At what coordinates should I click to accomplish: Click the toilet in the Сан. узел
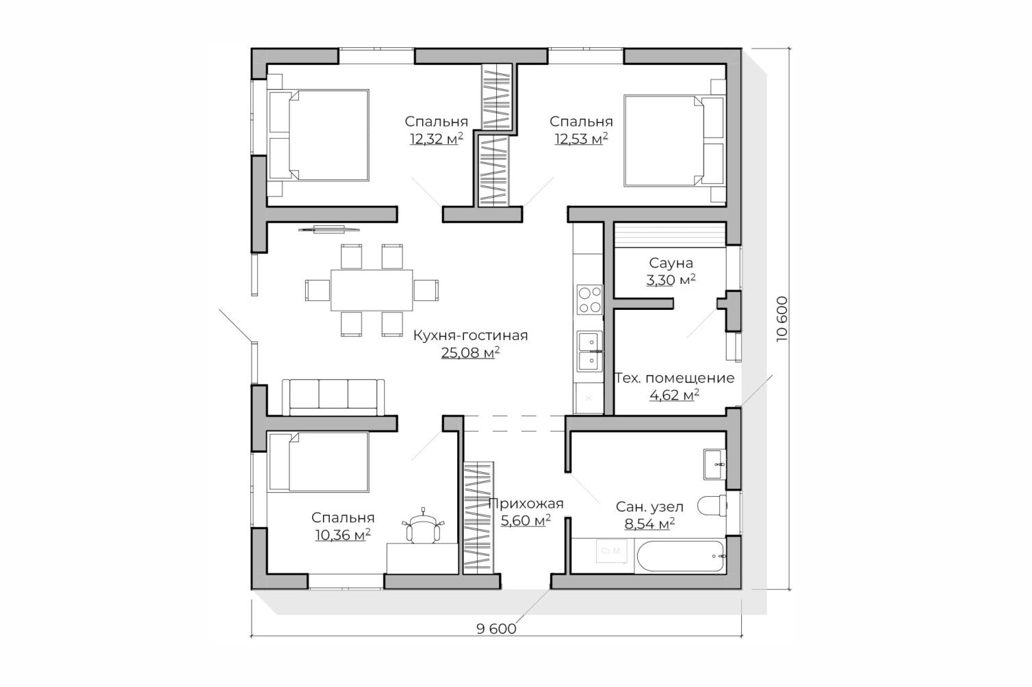point(712,506)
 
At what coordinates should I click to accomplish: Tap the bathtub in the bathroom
point(680,556)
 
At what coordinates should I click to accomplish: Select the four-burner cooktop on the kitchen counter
point(590,300)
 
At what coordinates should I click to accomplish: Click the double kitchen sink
point(590,351)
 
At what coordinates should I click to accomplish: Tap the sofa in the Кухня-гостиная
point(333,397)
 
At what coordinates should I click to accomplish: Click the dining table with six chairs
point(372,290)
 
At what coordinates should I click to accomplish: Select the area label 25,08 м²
point(470,352)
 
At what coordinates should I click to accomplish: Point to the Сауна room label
point(671,263)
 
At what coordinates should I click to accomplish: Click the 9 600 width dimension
point(496,629)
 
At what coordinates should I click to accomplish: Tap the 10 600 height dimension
point(782,319)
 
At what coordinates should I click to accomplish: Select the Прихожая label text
point(526,504)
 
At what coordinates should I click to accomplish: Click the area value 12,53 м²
point(581,139)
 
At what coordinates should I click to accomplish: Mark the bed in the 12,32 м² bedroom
point(319,135)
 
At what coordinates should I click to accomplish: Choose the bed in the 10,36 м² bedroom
point(319,462)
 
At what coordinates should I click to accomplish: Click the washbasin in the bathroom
point(714,465)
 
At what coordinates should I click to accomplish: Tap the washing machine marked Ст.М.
point(611,551)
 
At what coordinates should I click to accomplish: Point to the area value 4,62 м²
point(675,395)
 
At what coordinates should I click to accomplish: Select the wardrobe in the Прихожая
point(478,517)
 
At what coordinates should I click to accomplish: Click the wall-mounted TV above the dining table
point(328,229)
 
